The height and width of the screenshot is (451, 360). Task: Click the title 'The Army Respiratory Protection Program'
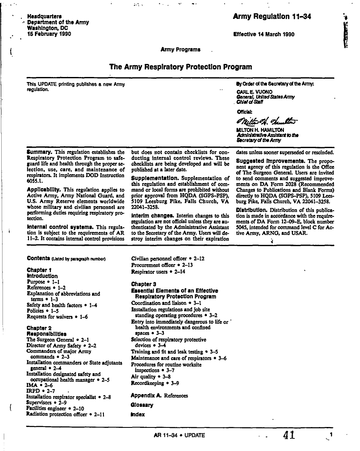point(180,67)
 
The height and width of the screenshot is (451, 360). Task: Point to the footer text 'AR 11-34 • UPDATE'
point(180,435)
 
